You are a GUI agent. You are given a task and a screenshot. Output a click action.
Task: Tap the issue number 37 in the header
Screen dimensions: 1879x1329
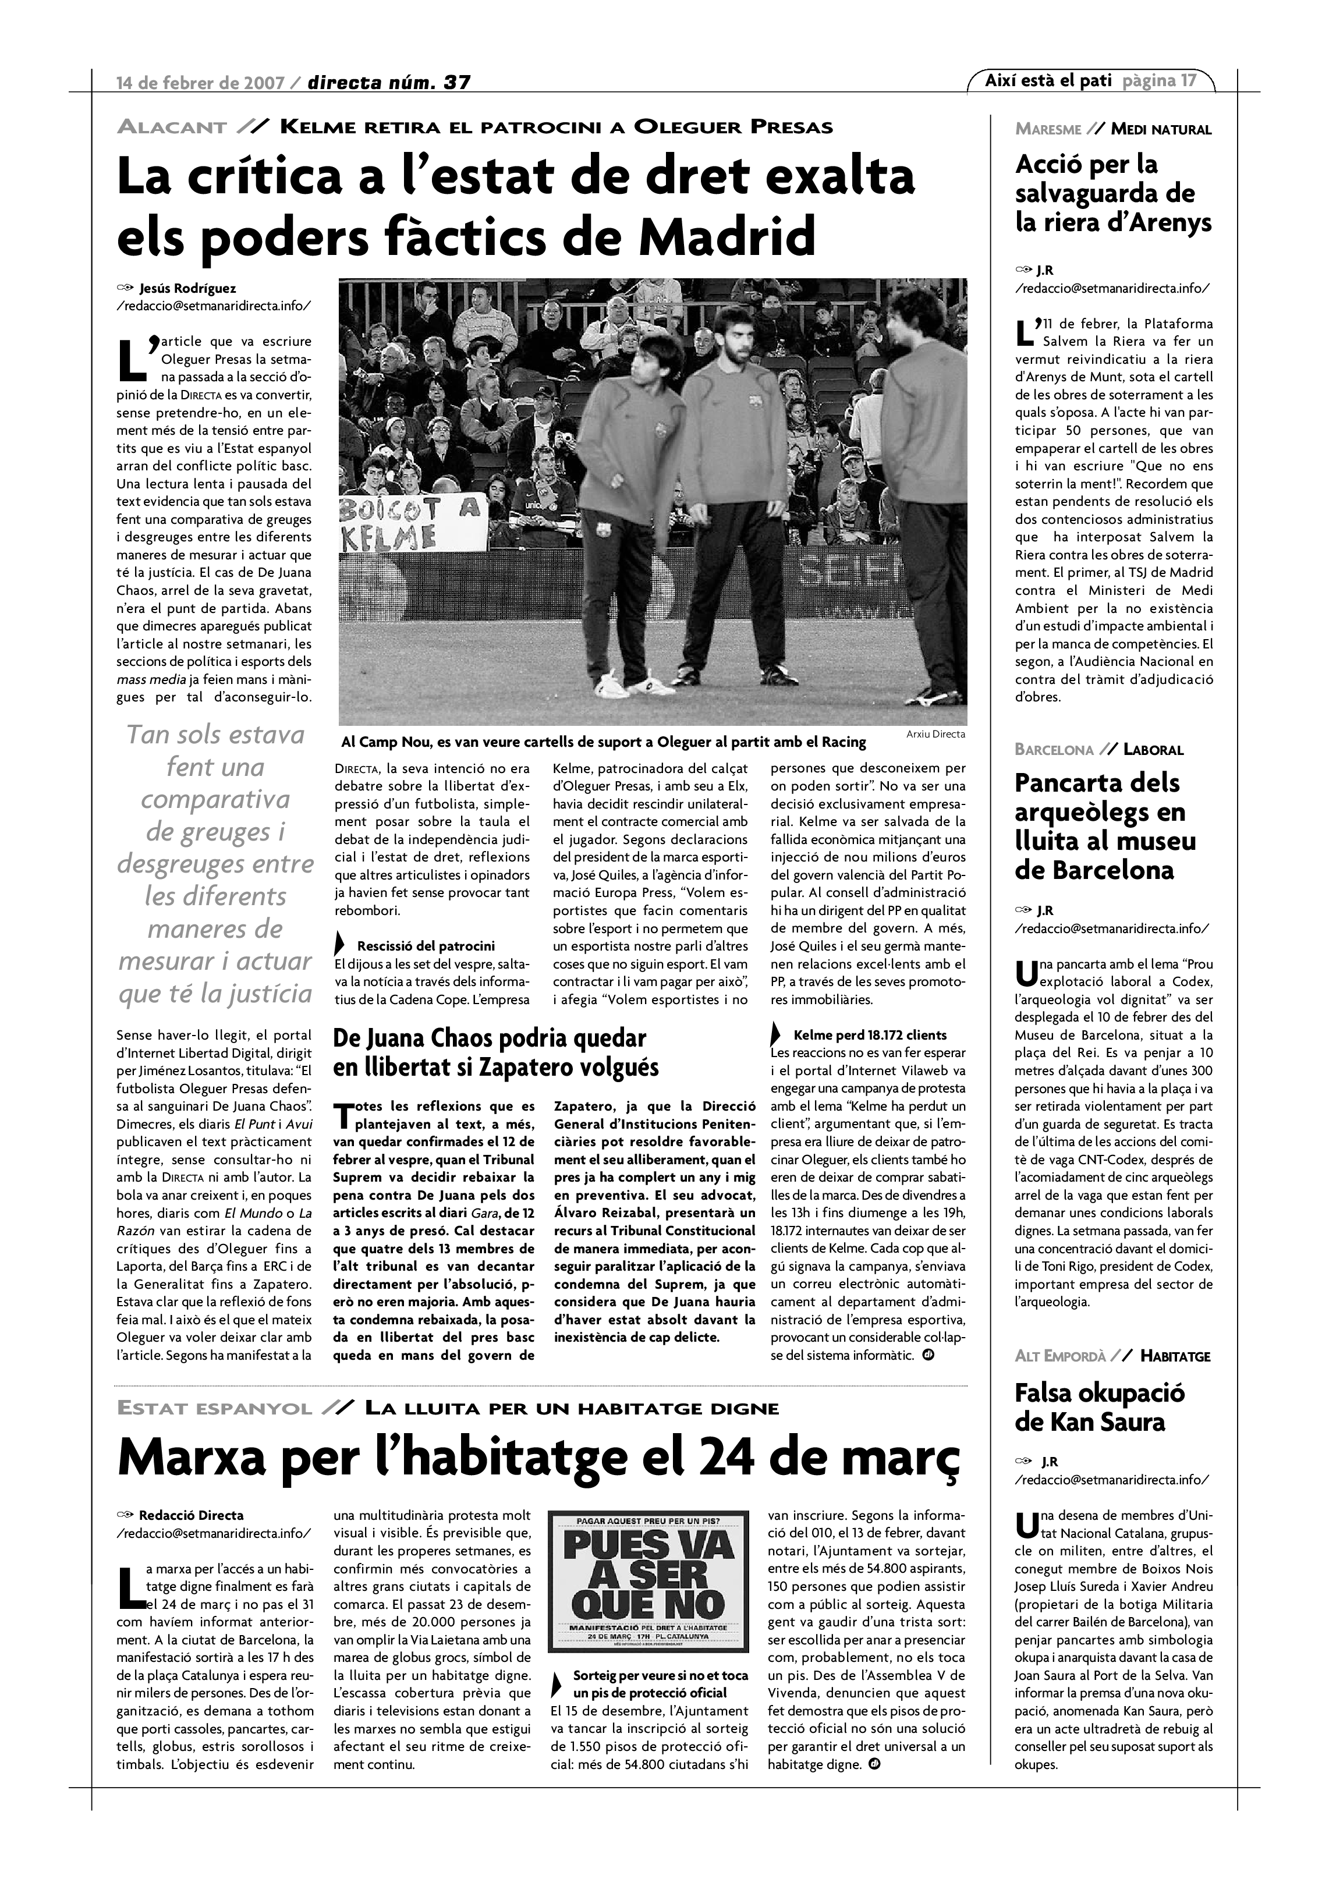point(456,82)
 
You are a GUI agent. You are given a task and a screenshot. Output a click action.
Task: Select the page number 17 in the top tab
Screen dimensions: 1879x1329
point(1188,80)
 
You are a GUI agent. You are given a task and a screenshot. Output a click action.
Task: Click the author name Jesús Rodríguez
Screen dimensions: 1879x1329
point(187,288)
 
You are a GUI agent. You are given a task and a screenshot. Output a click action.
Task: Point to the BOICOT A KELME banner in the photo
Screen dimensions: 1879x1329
point(409,524)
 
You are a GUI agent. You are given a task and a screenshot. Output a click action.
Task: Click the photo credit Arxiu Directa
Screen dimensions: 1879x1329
point(935,734)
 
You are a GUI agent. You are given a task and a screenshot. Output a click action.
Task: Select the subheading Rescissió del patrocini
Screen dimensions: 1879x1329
point(426,946)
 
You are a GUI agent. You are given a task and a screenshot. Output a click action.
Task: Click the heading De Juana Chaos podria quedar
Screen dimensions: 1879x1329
point(490,1038)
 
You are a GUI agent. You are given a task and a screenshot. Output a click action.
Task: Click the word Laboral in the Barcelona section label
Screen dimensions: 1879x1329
point(1153,750)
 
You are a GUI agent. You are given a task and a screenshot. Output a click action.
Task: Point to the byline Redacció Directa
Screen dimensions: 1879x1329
point(191,1516)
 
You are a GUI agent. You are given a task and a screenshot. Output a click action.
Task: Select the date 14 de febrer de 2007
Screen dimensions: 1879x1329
point(200,83)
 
